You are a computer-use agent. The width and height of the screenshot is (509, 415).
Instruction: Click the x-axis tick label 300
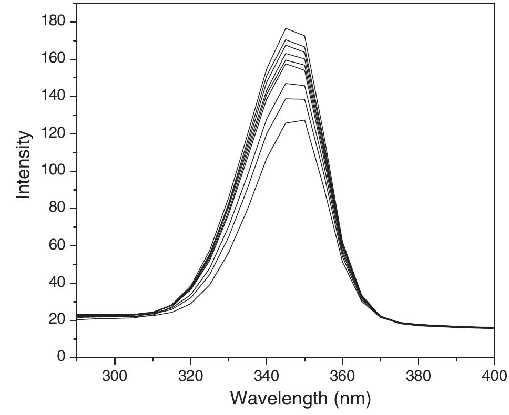115,376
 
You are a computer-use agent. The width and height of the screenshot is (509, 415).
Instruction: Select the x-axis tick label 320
190,376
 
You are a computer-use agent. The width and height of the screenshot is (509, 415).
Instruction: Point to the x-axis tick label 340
267,376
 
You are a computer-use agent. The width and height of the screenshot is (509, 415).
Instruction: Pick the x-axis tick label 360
342,376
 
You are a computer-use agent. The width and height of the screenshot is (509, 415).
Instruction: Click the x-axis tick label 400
493,376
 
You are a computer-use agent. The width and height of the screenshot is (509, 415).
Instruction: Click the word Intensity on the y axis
23,164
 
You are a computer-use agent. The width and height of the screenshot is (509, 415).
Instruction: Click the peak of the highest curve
286,28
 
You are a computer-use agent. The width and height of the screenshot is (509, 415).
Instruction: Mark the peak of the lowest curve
304,120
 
